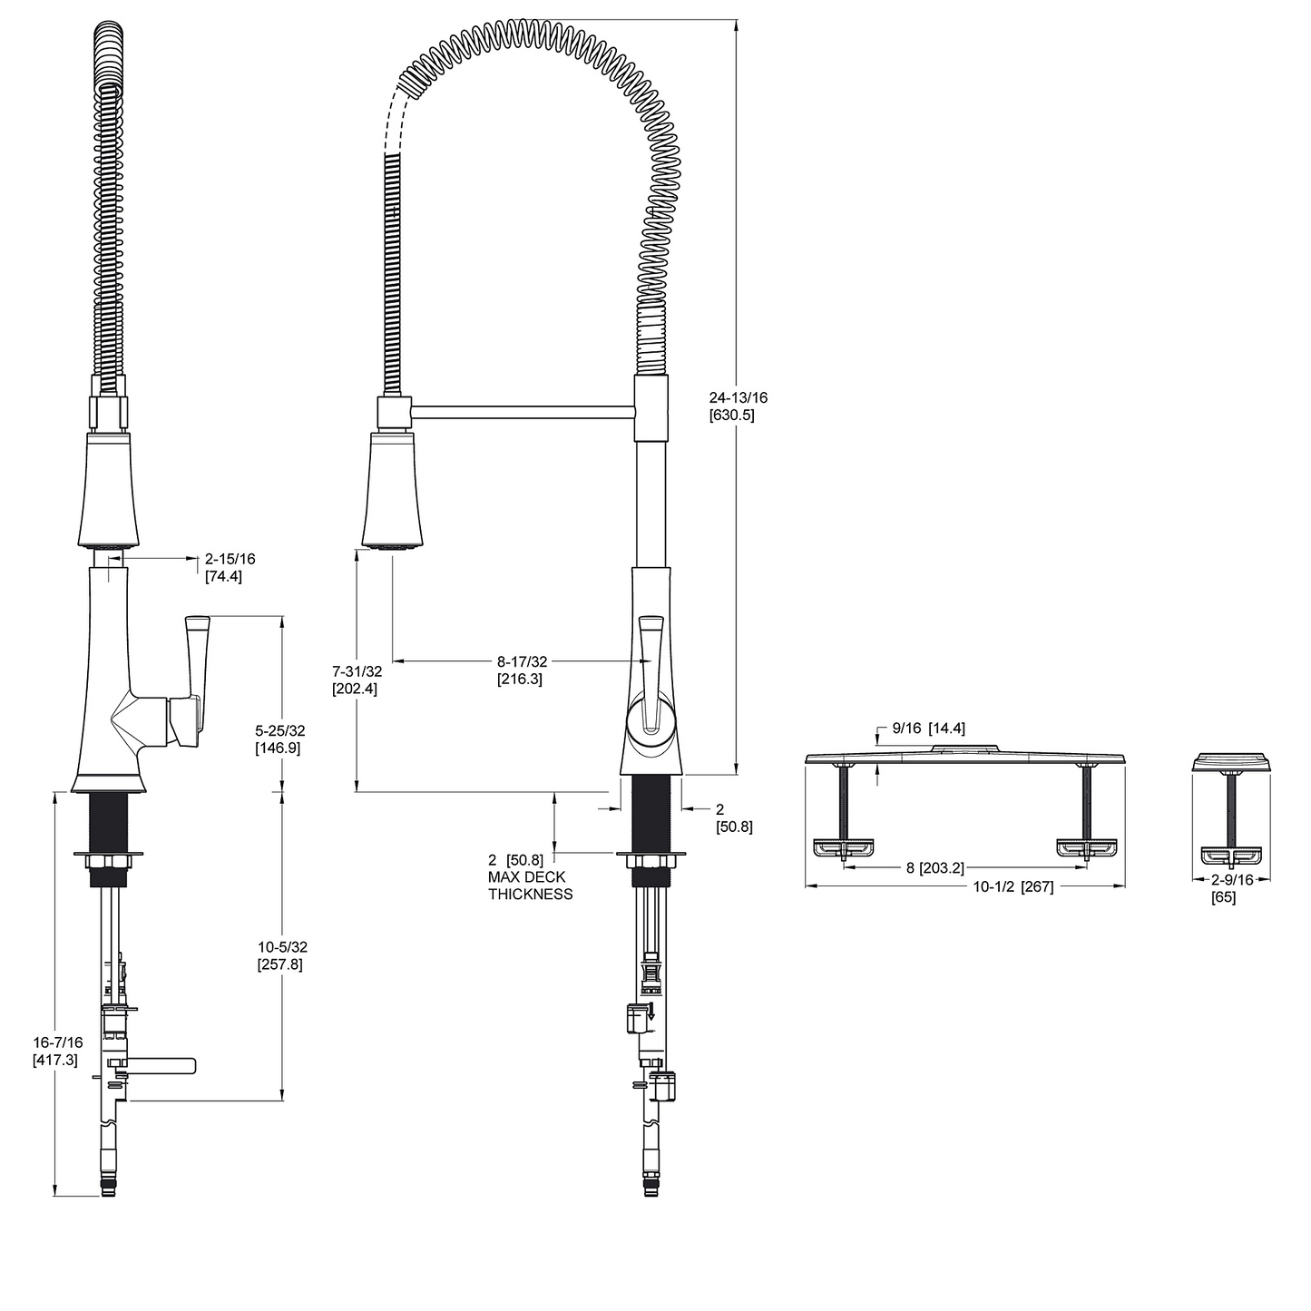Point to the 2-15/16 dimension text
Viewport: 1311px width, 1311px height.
(x=230, y=559)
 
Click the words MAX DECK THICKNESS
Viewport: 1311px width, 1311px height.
(x=530, y=885)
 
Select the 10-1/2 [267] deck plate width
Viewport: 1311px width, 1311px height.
(x=1013, y=886)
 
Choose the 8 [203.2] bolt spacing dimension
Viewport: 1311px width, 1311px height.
(x=934, y=868)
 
